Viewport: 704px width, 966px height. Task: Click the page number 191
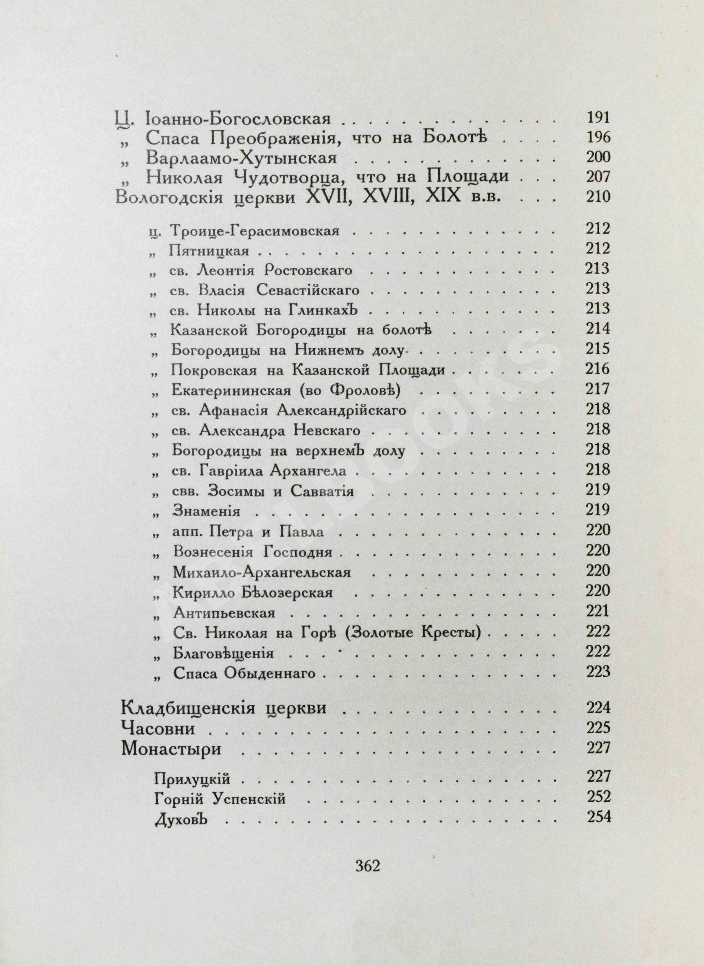click(x=598, y=117)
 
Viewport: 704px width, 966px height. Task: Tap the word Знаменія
click(x=206, y=511)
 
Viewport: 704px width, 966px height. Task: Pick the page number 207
click(x=598, y=177)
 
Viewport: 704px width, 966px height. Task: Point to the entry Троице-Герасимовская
click(x=254, y=231)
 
